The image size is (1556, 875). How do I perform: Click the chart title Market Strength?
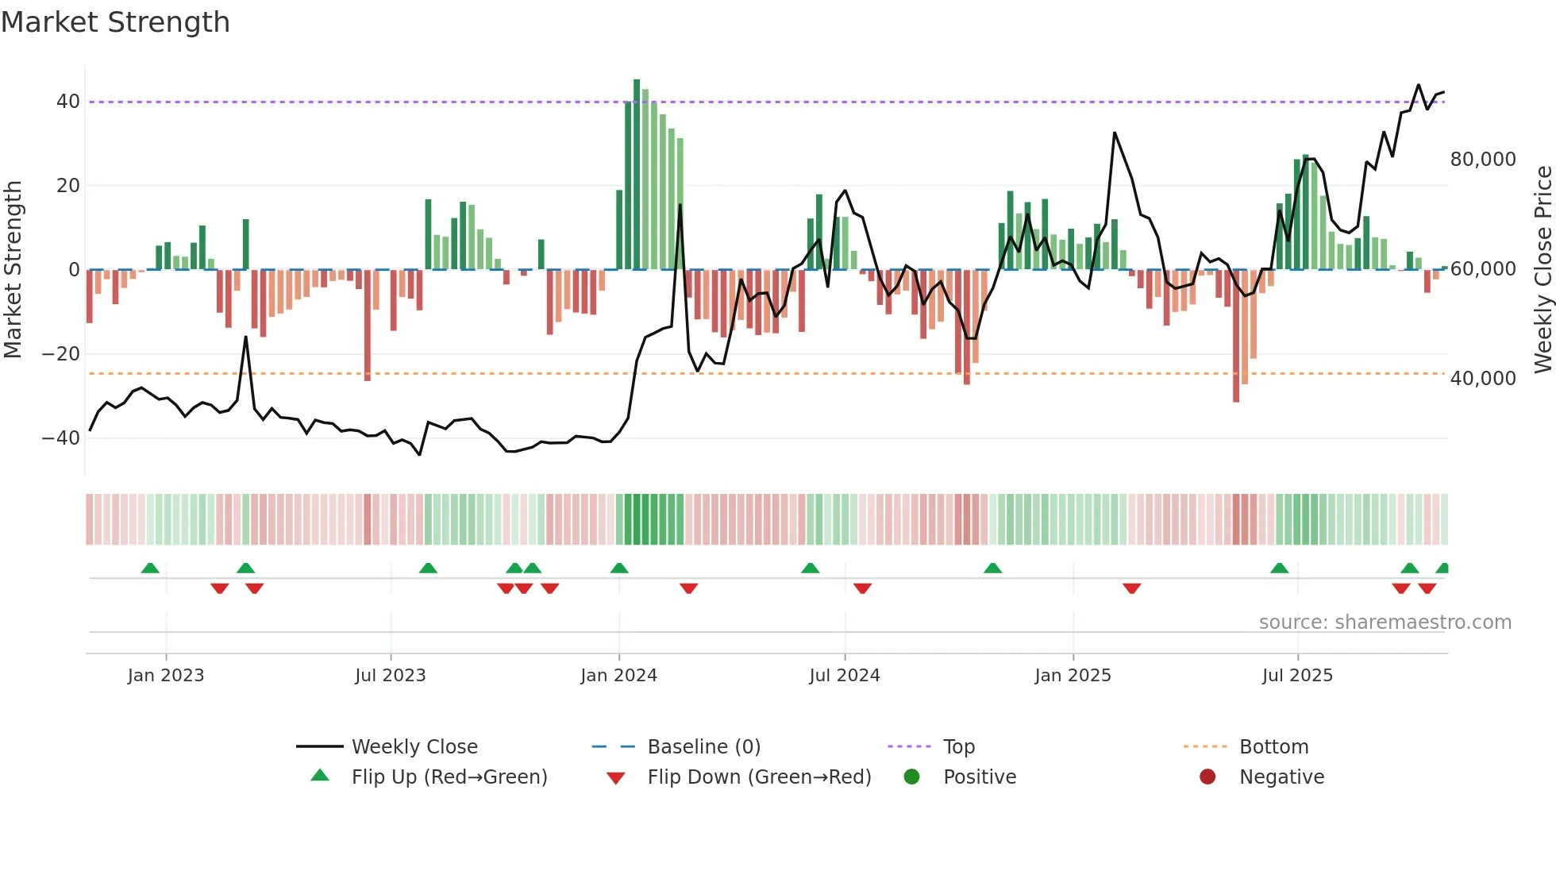pyautogui.click(x=115, y=22)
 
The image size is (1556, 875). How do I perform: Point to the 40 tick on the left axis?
pyautogui.click(x=67, y=102)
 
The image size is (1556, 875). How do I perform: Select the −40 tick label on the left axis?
pyautogui.click(x=61, y=438)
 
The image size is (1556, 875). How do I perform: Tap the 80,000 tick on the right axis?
pyautogui.click(x=1482, y=160)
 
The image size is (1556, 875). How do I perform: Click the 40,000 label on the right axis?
pyautogui.click(x=1482, y=379)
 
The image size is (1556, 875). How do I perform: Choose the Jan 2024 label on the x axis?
pyautogui.click(x=618, y=676)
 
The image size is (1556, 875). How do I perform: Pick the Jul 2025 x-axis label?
pyautogui.click(x=1297, y=676)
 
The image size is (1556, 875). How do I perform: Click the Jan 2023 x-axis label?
pyautogui.click(x=166, y=676)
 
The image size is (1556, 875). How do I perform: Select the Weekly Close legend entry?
pyautogui.click(x=414, y=747)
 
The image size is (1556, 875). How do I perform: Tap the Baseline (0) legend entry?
pyautogui.click(x=703, y=747)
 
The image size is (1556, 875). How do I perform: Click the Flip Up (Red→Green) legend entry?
pyautogui.click(x=449, y=777)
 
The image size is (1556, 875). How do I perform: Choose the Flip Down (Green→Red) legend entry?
pyautogui.click(x=758, y=777)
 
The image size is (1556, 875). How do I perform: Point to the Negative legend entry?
pyautogui.click(x=1281, y=777)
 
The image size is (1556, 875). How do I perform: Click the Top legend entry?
pyautogui.click(x=958, y=747)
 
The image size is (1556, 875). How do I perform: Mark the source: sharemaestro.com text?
pyautogui.click(x=1385, y=623)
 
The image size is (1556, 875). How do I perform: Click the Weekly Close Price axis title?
pyautogui.click(x=1543, y=270)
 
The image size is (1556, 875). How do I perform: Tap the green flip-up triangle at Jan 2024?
pyautogui.click(x=619, y=568)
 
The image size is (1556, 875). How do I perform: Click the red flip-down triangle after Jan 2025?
pyautogui.click(x=1132, y=588)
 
